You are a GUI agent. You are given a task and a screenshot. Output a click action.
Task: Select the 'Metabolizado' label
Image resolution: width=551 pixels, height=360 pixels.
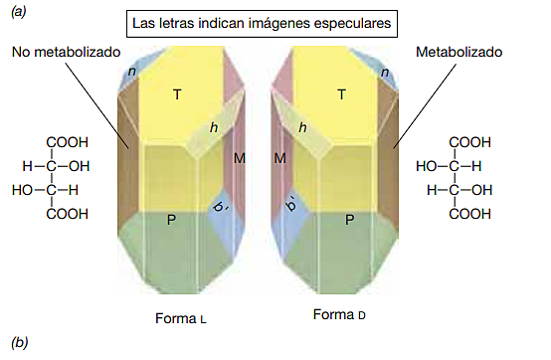pos(459,51)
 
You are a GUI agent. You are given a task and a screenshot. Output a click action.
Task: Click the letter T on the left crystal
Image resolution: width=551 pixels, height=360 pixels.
pos(176,95)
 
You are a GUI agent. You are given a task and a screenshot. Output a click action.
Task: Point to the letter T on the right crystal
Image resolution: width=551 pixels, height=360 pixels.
pos(341,95)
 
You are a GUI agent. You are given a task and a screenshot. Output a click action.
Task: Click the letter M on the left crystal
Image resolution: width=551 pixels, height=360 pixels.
pos(240,158)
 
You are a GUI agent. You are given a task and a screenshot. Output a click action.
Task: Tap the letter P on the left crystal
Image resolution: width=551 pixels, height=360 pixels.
pos(172,219)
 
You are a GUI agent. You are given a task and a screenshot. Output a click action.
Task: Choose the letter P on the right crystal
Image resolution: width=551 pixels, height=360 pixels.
pos(346,219)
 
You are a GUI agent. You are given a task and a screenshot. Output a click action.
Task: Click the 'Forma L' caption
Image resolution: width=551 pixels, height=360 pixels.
pos(181,319)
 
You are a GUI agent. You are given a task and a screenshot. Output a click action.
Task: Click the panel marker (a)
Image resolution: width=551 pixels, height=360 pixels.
pos(19,12)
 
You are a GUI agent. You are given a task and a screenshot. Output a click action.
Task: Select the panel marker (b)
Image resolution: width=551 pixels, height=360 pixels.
pos(19,344)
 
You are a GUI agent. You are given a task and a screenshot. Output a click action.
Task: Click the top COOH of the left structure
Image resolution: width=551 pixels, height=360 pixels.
pos(67,142)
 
